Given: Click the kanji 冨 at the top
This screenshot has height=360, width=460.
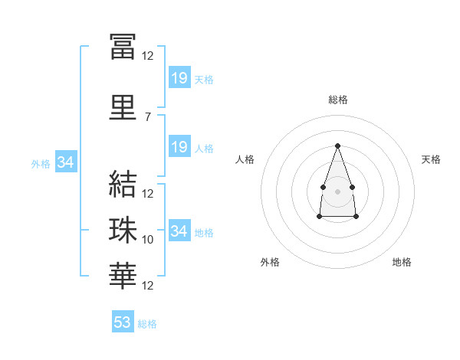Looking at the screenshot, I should click(123, 46).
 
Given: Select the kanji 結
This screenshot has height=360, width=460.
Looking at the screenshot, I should click(123, 183).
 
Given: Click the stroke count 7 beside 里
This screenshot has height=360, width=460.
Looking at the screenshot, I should click(147, 117).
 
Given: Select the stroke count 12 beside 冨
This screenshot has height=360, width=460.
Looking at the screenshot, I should click(148, 56).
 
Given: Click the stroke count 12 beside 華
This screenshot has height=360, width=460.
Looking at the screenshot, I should click(148, 286).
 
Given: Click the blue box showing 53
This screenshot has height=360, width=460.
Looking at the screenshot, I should click(123, 322).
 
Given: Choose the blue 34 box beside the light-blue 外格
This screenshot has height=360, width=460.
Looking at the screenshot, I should click(65, 162).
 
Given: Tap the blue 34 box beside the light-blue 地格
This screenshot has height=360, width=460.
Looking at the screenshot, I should click(179, 231).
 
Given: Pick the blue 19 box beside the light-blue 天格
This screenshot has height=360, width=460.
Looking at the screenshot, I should click(179, 78).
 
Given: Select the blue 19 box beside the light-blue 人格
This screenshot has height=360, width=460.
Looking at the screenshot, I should click(179, 147).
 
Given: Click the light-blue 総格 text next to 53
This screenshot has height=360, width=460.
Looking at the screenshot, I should click(147, 324).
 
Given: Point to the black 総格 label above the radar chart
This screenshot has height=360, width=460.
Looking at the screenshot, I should click(338, 100).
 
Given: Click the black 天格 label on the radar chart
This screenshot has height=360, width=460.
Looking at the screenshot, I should click(432, 159).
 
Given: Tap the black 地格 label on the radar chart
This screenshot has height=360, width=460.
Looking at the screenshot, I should click(402, 262).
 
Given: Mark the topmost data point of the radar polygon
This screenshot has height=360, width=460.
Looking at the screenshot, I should click(337, 146).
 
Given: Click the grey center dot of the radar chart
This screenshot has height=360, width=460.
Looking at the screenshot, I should click(337, 190).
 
